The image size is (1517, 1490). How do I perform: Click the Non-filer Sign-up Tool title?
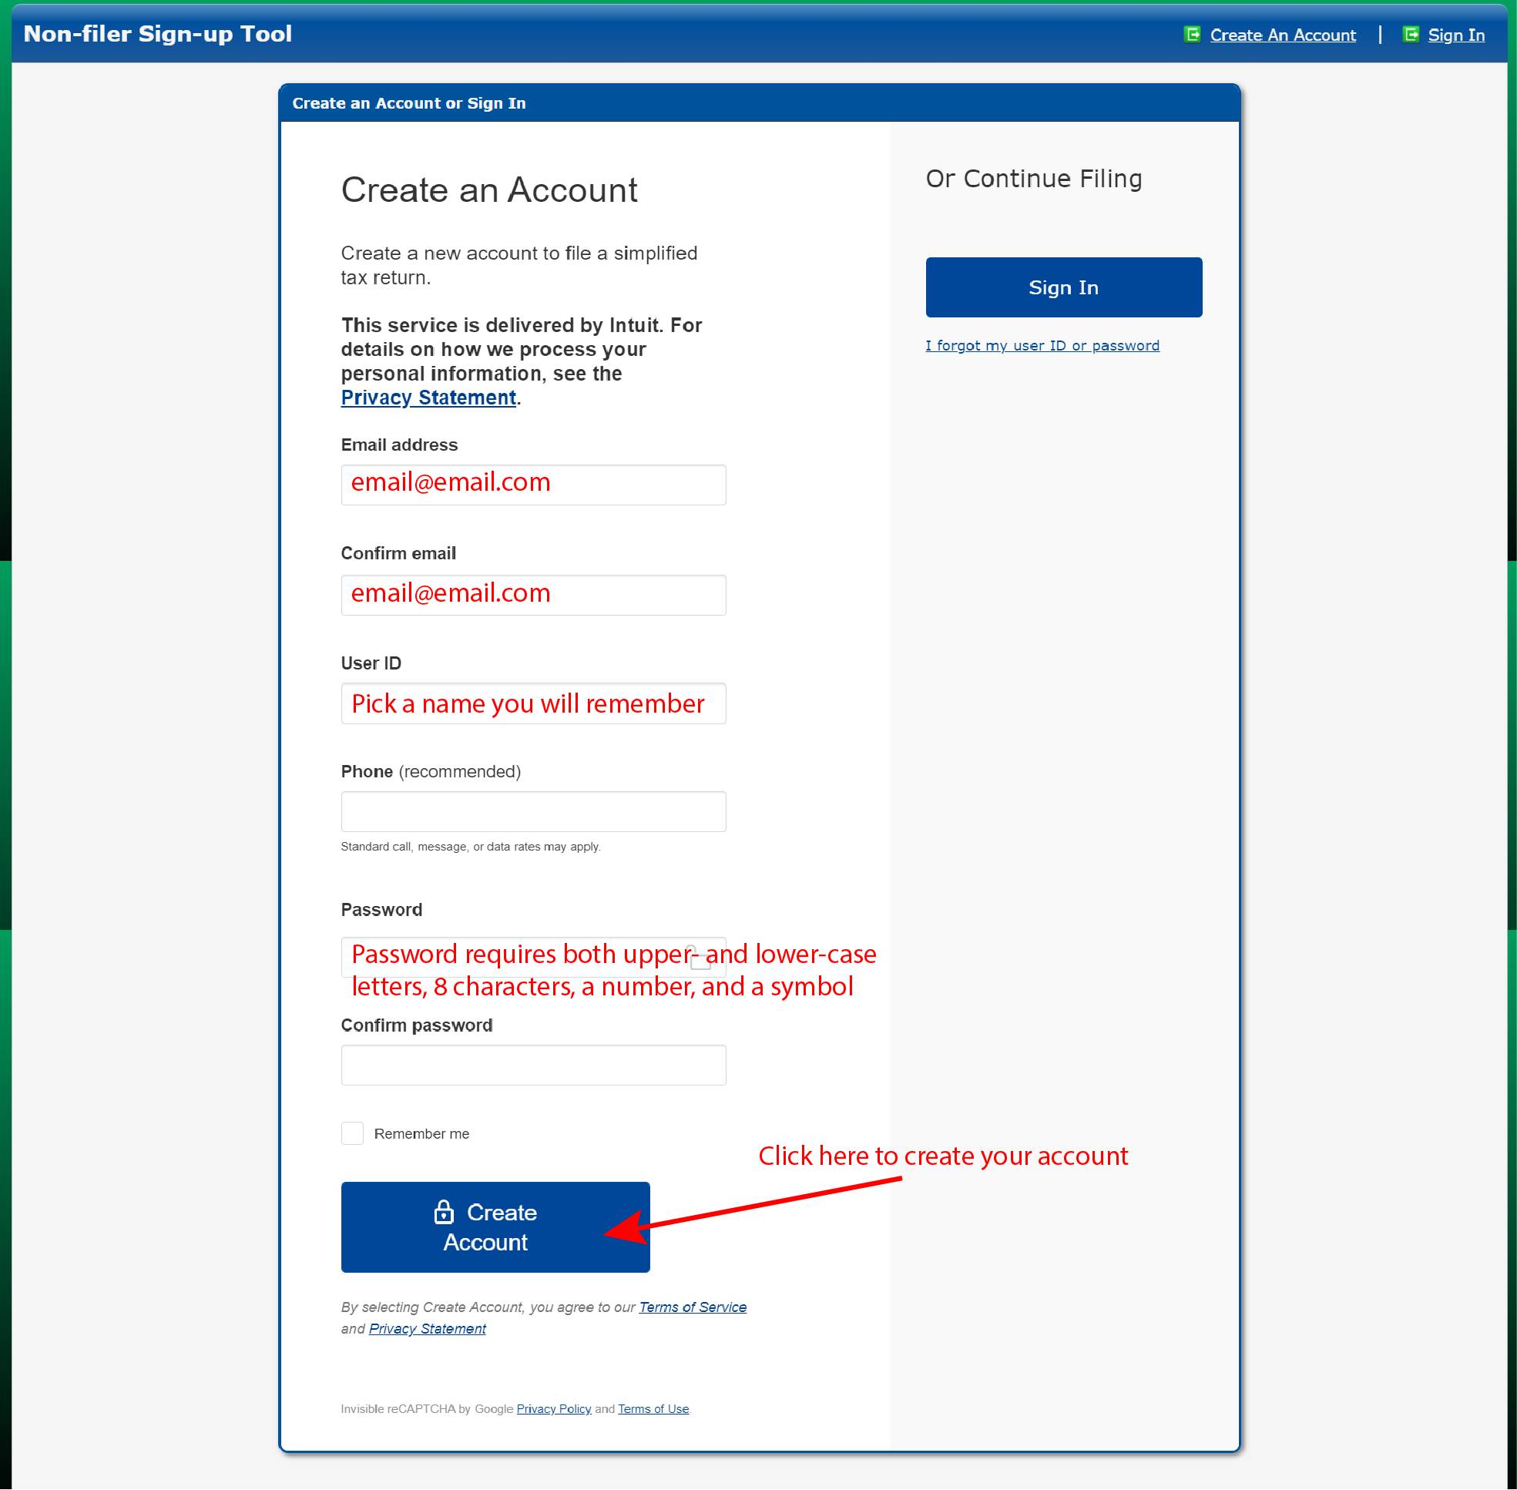pos(157,35)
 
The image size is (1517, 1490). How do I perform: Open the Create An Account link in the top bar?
pos(1282,35)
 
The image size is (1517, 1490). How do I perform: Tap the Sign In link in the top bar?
pos(1455,35)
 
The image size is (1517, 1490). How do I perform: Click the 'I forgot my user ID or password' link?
pos(1042,346)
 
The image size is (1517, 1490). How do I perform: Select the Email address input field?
pos(533,485)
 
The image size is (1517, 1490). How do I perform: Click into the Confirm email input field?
pos(533,596)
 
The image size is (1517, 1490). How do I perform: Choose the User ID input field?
pos(533,704)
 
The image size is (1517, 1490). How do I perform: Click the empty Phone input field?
pos(533,811)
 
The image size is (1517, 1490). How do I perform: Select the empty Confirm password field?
pos(533,1065)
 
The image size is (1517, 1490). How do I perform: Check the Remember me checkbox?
pos(352,1133)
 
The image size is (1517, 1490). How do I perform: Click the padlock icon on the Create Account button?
pos(444,1212)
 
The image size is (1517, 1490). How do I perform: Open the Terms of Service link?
pos(692,1307)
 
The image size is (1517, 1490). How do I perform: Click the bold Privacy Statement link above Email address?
pos(428,398)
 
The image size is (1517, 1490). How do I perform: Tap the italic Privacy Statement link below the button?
pos(428,1329)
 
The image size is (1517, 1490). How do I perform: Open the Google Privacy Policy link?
pos(553,1408)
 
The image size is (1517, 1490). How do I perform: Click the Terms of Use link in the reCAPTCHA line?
pos(653,1408)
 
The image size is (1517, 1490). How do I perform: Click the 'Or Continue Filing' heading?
pos(1033,180)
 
